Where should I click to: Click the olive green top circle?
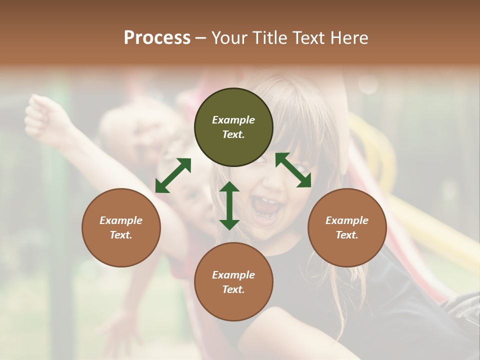tap(233, 127)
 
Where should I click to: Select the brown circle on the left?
tap(121, 227)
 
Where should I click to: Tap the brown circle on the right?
tap(347, 227)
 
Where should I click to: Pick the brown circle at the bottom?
tap(233, 282)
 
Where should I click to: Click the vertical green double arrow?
tap(229, 205)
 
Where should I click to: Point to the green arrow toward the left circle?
tap(173, 175)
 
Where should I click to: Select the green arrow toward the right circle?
tap(293, 170)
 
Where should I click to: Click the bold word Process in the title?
tap(157, 37)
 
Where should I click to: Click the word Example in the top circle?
tap(233, 120)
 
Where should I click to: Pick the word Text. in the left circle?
tap(121, 235)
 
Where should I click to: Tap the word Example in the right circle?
tap(347, 220)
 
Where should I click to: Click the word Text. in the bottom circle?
tap(233, 289)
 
